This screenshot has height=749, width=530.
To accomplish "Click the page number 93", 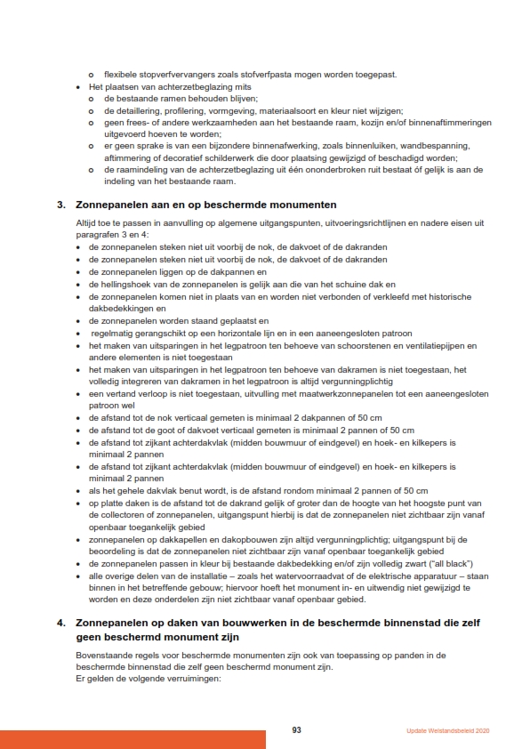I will (x=296, y=730).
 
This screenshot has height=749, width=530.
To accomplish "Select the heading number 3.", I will (x=61, y=205).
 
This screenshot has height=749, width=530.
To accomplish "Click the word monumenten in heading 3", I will (x=285, y=205).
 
